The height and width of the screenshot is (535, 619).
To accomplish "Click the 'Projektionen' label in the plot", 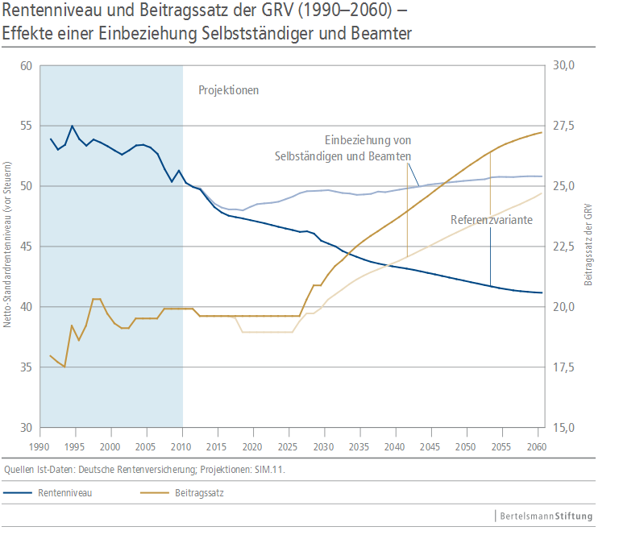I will [229, 90].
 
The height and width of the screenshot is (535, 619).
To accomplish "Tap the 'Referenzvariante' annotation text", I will [492, 219].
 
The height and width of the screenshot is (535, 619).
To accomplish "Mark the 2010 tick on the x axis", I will [181, 446].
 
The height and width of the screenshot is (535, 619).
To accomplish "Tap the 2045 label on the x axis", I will [430, 446].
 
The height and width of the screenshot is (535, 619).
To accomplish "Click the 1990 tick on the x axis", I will [39, 446].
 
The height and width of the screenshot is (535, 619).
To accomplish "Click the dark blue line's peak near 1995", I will [73, 126].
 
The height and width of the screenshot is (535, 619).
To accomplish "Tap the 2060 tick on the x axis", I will [536, 446].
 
